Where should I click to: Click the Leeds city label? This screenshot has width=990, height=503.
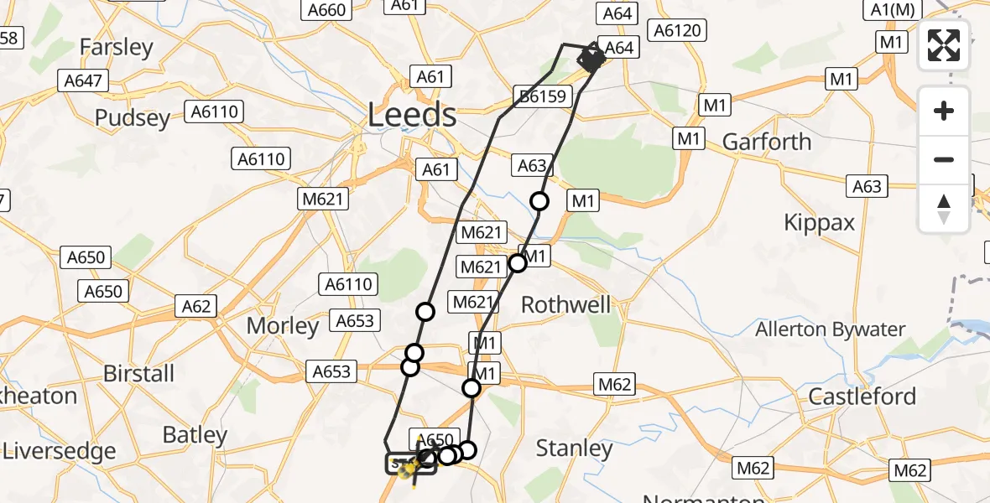tap(412, 115)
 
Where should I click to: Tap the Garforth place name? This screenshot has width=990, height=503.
tap(767, 142)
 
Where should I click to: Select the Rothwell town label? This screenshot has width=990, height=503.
tap(566, 304)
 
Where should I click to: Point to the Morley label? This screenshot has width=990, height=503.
tap(283, 325)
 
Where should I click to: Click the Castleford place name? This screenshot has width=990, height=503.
tap(862, 396)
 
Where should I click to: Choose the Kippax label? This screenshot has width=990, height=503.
tap(819, 222)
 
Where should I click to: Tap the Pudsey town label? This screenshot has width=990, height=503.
tap(133, 118)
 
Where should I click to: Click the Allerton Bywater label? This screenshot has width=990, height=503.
tap(830, 329)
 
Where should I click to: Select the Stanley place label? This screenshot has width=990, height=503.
tap(574, 449)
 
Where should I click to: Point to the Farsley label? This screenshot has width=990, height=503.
tap(117, 48)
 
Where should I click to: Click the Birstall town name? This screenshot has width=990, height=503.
tap(138, 373)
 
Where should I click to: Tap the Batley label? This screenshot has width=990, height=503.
tap(195, 435)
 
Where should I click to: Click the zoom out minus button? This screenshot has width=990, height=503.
tap(944, 159)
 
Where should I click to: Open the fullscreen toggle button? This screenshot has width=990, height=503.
tap(944, 45)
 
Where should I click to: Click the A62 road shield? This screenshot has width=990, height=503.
tap(196, 306)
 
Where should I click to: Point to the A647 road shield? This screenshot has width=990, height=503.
tap(83, 80)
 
